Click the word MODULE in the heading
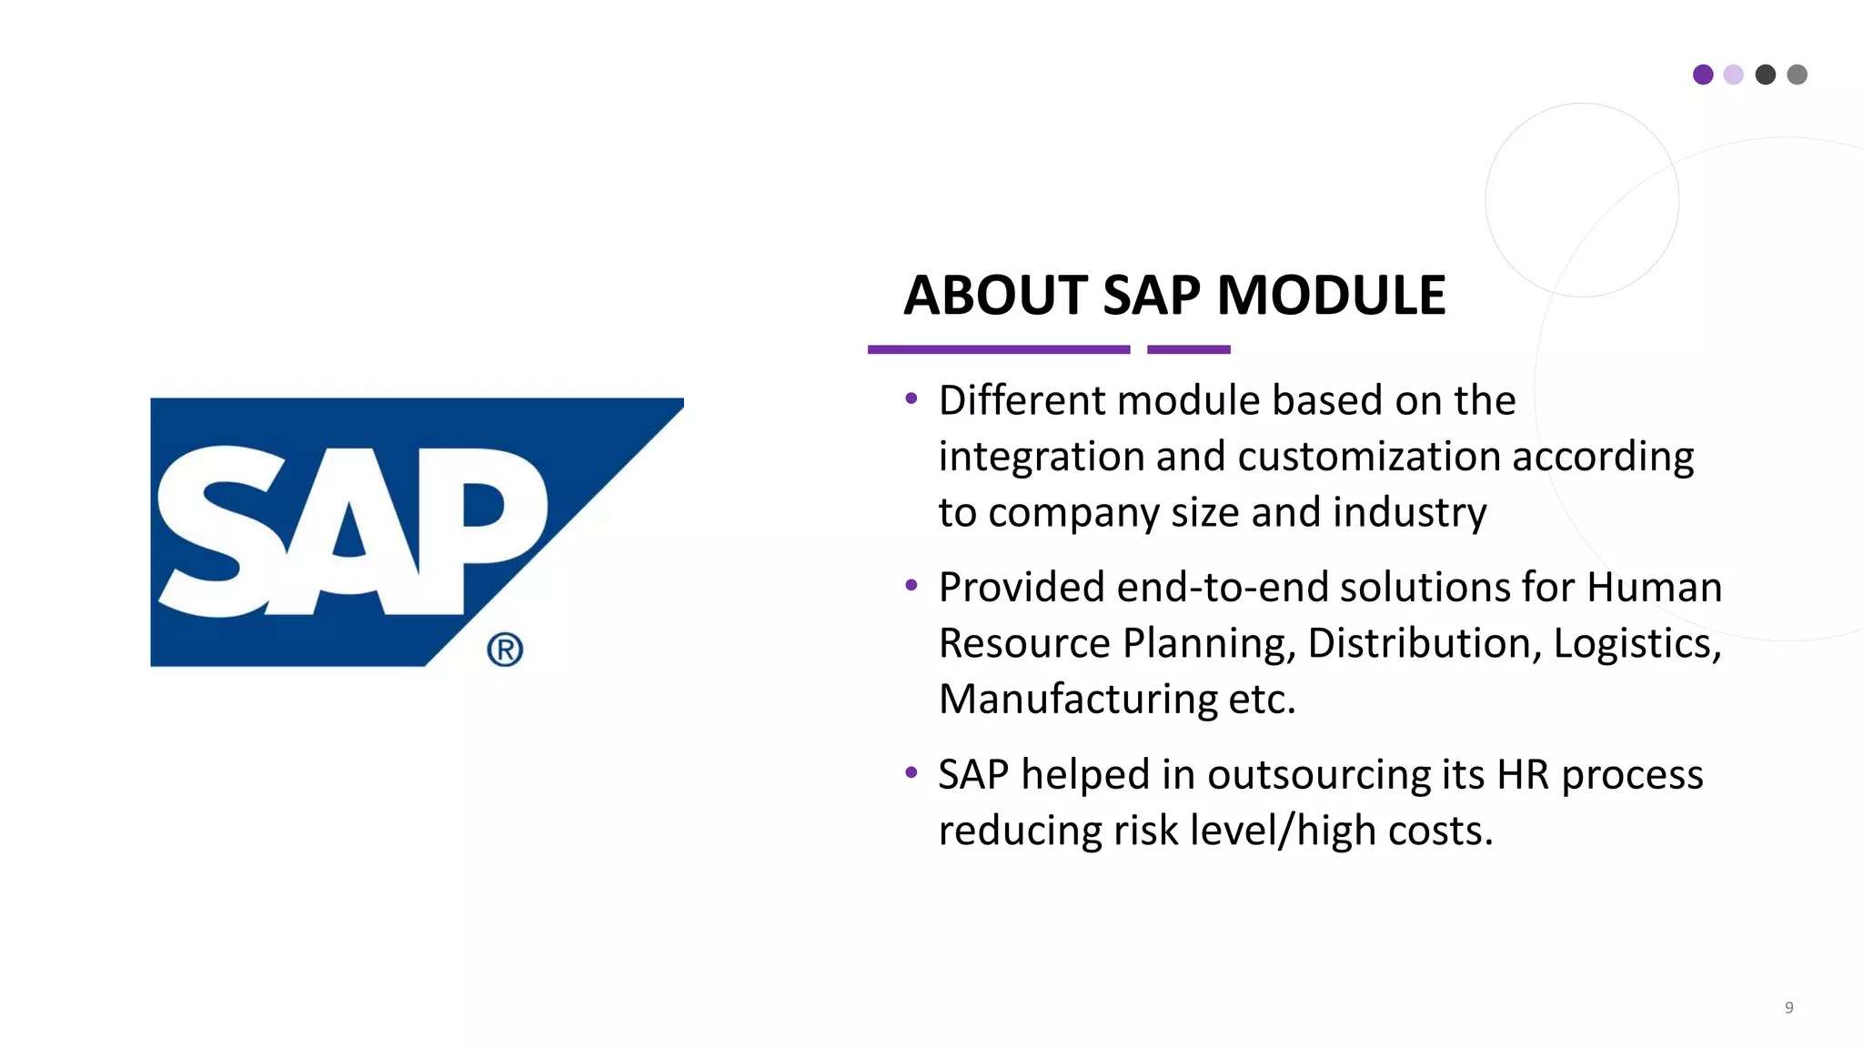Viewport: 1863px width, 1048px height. pyautogui.click(x=1331, y=296)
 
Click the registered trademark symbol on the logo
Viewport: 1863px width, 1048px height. pyautogui.click(x=505, y=650)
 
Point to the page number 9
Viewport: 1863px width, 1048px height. pyautogui.click(x=1788, y=1007)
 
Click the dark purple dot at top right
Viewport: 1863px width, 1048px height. pyautogui.click(x=1703, y=75)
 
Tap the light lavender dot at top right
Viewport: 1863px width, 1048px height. pyautogui.click(x=1734, y=75)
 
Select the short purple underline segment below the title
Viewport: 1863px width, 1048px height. pyautogui.click(x=1188, y=349)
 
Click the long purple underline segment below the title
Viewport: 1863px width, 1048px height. pyautogui.click(x=999, y=349)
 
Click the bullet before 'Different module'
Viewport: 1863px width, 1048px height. pyautogui.click(x=911, y=398)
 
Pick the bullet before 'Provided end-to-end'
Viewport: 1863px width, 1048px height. pyautogui.click(x=911, y=586)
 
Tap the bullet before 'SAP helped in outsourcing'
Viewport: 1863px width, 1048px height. pyautogui.click(x=911, y=773)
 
